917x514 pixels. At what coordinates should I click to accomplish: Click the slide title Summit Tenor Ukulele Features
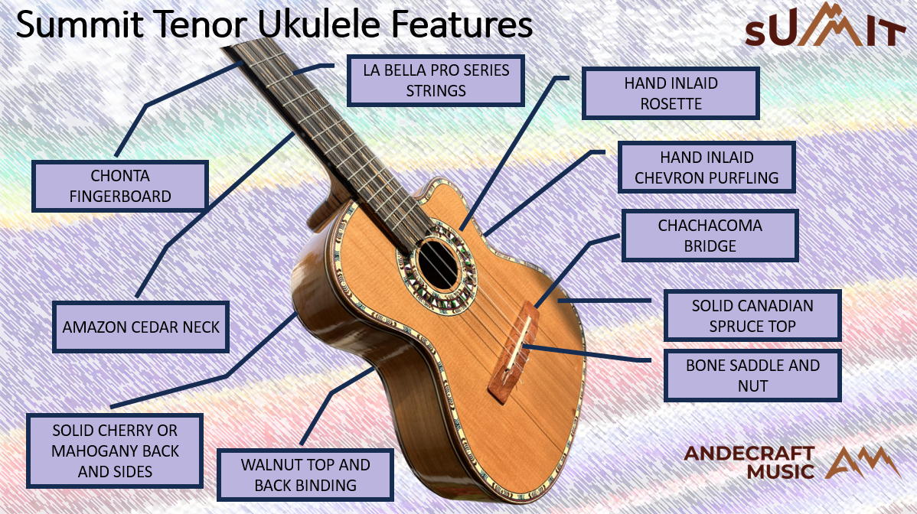[x=274, y=24]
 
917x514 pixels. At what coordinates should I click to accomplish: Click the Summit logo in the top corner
[x=825, y=26]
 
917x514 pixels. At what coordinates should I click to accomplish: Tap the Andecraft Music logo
[x=791, y=462]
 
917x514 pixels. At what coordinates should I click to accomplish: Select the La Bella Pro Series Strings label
[x=436, y=80]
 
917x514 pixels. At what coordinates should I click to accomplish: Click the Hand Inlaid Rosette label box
[x=671, y=93]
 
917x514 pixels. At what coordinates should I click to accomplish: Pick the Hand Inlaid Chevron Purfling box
[x=707, y=168]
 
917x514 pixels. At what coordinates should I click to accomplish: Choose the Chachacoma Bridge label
[x=710, y=236]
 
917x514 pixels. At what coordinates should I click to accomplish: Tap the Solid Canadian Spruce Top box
[x=752, y=315]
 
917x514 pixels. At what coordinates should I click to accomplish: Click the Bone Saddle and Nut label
[x=752, y=376]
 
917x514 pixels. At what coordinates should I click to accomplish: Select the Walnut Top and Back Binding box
[x=305, y=474]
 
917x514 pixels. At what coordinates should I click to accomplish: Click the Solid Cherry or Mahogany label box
[x=115, y=451]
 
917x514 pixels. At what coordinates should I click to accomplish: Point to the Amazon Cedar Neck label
[x=141, y=327]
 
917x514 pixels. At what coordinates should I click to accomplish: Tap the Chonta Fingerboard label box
[x=119, y=186]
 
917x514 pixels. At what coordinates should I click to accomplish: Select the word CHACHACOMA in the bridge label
[x=710, y=226]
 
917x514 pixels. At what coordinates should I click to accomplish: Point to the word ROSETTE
[x=671, y=103]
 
